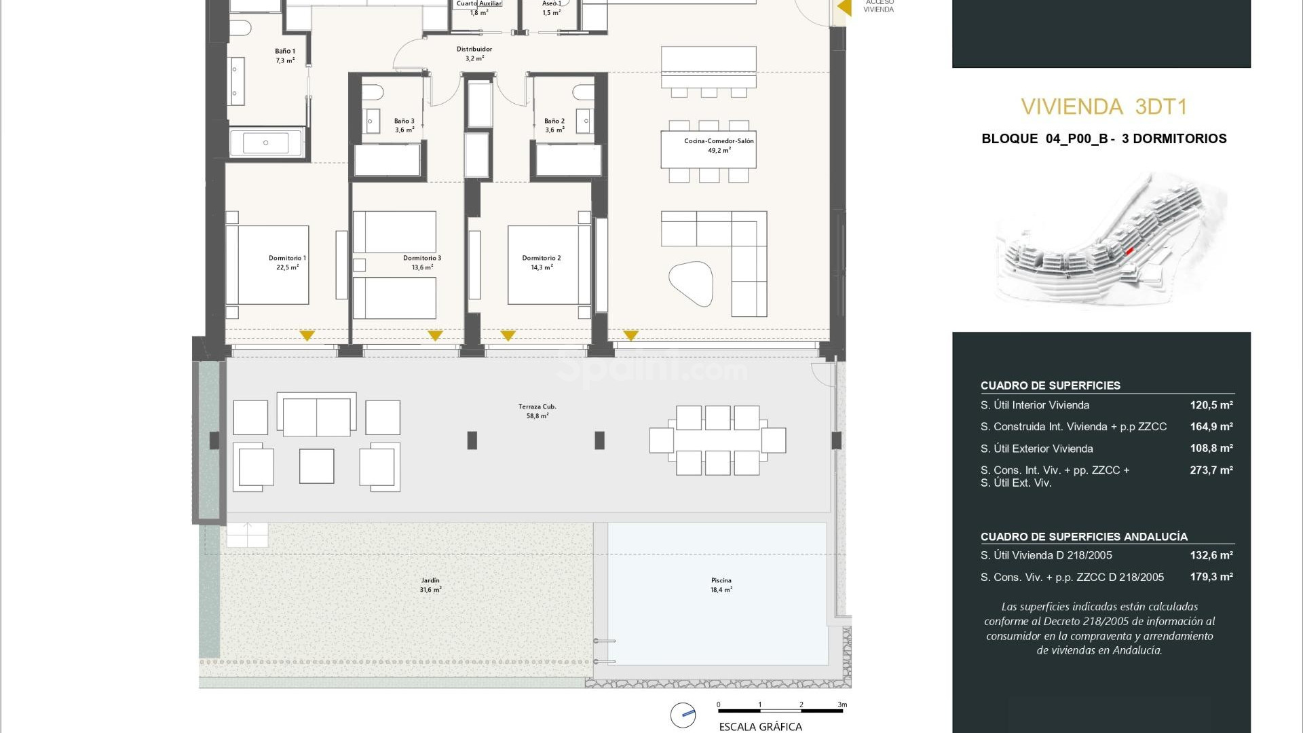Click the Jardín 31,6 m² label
tap(430, 585)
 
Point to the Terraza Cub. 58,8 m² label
tap(537, 411)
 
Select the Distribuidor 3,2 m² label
tap(474, 54)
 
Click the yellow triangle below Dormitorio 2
tap(508, 335)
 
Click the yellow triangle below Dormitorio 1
tap(307, 335)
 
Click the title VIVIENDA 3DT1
tap(1103, 107)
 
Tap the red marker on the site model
tap(1129, 251)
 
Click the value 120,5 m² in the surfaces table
tap(1211, 405)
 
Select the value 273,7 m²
tap(1211, 470)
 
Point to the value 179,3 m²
tap(1211, 577)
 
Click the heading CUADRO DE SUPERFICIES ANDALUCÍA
tap(1084, 537)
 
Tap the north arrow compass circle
tap(683, 715)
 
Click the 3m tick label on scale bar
tap(842, 704)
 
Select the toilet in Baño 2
tap(582, 92)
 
